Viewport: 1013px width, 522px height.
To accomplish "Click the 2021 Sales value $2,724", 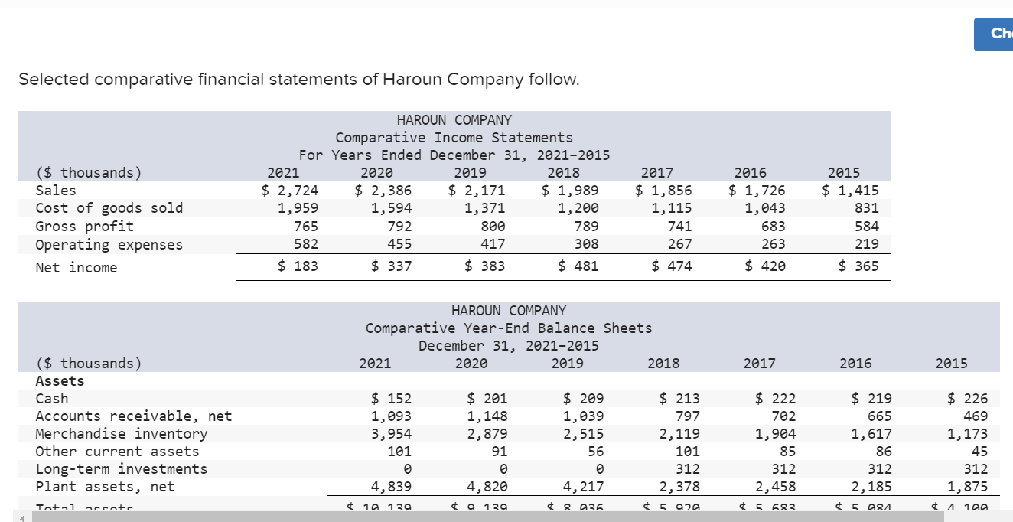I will pyautogui.click(x=290, y=191).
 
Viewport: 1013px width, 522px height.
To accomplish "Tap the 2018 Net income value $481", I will pyautogui.click(x=578, y=266).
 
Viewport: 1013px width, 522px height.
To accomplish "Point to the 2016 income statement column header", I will pyautogui.click(x=750, y=173).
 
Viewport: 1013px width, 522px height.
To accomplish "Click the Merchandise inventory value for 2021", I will pyautogui.click(x=391, y=434).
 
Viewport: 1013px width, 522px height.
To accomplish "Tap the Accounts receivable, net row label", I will pyautogui.click(x=133, y=416).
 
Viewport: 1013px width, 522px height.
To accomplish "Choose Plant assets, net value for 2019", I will pyautogui.click(x=583, y=487).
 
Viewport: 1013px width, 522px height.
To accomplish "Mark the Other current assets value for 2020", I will pyautogui.click(x=498, y=452).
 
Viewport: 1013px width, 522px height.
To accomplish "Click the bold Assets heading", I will pyautogui.click(x=60, y=381).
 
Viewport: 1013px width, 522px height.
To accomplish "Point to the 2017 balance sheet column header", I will pyautogui.click(x=759, y=364).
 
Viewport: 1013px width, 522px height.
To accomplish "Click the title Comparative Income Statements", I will pyautogui.click(x=454, y=138).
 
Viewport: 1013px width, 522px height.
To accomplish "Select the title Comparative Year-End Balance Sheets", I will pyautogui.click(x=509, y=328).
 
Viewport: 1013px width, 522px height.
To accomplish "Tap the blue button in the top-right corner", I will pyautogui.click(x=995, y=34).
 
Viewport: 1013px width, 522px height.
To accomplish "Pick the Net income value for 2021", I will pyautogui.click(x=298, y=266).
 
